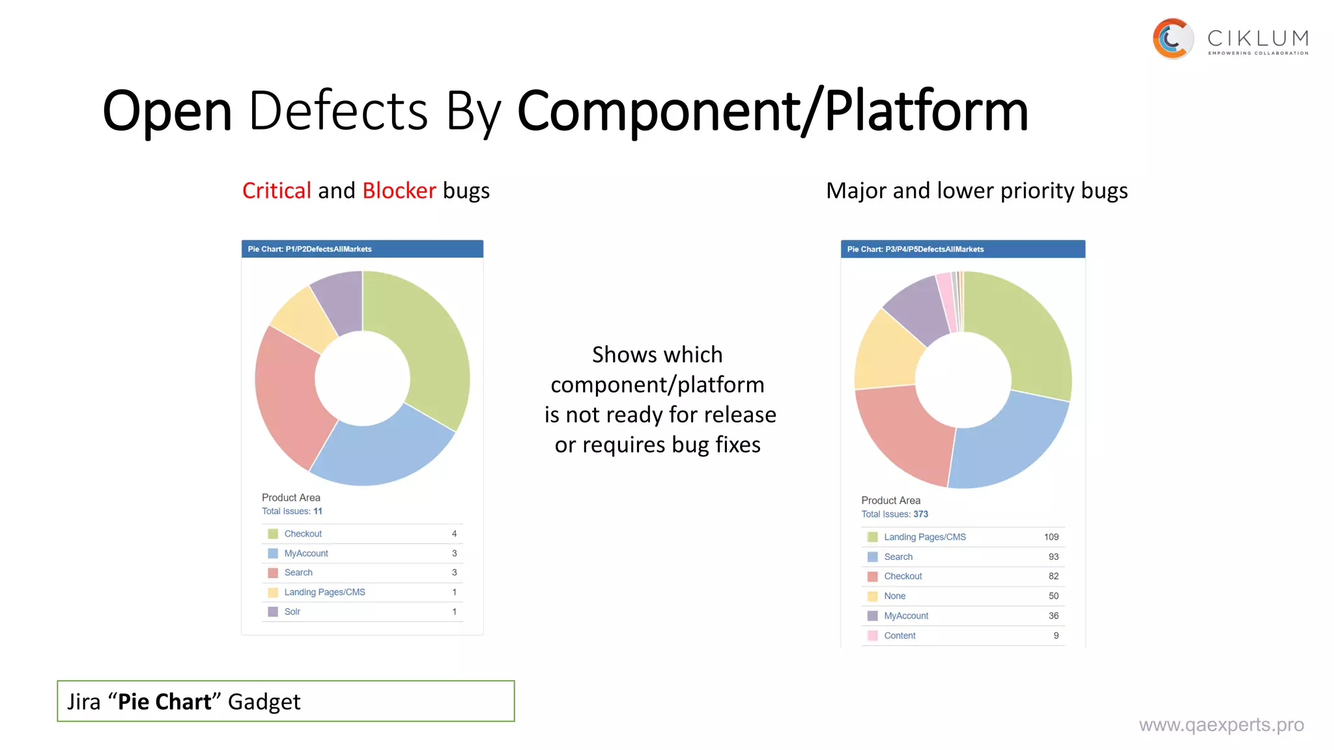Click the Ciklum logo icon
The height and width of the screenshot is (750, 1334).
[1172, 38]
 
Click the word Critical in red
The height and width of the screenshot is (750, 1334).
[276, 191]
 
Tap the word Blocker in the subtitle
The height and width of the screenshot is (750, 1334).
[399, 191]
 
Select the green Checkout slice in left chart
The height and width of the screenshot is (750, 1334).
[423, 345]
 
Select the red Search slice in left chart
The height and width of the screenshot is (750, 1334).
[290, 397]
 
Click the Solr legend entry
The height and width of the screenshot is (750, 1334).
[292, 612]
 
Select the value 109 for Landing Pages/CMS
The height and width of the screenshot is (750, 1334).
[1051, 537]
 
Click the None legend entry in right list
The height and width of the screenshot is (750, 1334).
[894, 596]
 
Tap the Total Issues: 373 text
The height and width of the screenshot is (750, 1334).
[894, 514]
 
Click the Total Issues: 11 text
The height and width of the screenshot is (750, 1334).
[292, 511]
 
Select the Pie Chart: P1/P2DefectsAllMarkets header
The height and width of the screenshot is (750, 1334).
[309, 249]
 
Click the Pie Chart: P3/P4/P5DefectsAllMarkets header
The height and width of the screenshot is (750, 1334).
[915, 249]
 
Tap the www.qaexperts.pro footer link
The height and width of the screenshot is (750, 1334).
[1221, 725]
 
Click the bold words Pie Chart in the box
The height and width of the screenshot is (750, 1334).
[164, 702]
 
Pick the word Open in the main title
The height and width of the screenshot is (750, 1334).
[167, 111]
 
